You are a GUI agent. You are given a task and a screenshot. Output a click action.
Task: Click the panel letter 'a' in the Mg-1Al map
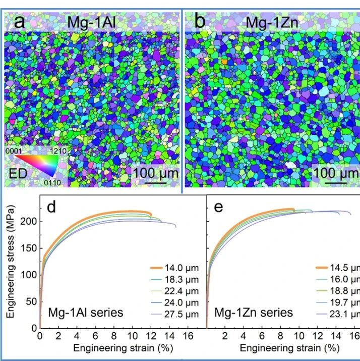point(19,22)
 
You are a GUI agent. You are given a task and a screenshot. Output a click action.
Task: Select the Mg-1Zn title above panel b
point(272,23)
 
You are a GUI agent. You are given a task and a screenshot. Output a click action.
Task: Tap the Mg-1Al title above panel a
point(91,22)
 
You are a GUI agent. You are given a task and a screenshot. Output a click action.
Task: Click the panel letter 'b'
point(200,21)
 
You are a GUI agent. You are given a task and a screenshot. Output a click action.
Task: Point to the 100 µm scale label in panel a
point(156,173)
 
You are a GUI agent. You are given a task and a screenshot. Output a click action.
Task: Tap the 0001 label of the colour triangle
point(14,151)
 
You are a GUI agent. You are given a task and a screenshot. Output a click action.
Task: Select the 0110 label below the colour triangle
point(52,183)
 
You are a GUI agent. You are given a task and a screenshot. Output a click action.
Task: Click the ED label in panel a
point(18,174)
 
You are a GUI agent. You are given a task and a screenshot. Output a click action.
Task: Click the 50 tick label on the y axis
point(31,301)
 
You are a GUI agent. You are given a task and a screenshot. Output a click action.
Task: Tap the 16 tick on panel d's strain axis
point(188,336)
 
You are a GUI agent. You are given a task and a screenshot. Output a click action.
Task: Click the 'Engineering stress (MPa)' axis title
point(11,262)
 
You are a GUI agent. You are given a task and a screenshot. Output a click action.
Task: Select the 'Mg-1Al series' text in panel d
point(86,313)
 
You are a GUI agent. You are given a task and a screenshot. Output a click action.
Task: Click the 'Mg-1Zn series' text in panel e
point(254,313)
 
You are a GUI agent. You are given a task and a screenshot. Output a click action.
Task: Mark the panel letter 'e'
point(218,208)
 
